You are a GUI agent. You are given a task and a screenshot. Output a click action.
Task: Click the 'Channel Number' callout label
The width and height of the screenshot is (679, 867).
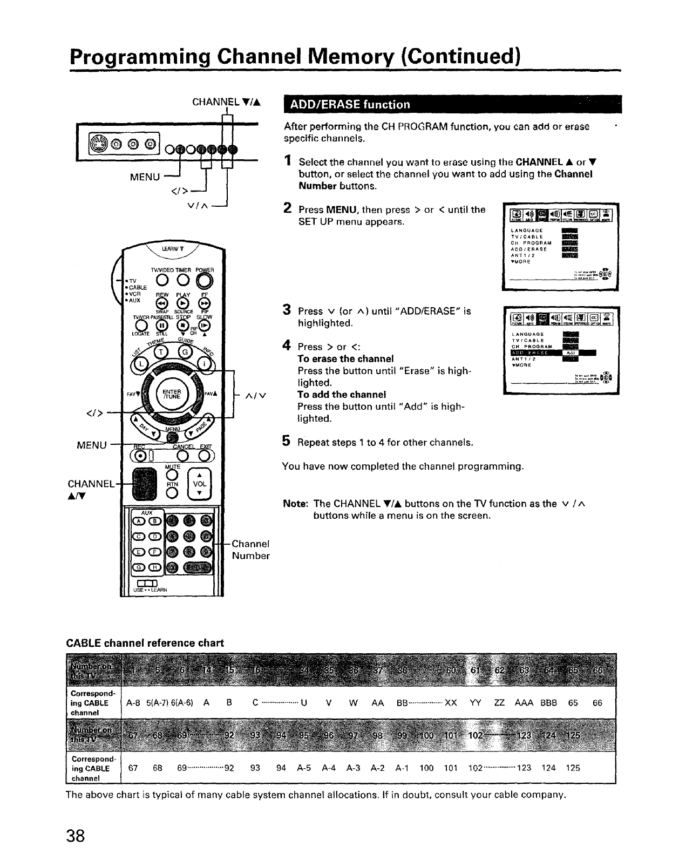click(x=250, y=550)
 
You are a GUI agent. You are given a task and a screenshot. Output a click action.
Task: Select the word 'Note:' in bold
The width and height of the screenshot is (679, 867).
click(x=295, y=504)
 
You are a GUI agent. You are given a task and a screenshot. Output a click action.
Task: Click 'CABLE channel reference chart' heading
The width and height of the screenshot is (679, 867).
click(x=145, y=643)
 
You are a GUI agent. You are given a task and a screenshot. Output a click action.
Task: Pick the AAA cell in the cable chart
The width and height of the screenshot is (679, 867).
click(x=524, y=703)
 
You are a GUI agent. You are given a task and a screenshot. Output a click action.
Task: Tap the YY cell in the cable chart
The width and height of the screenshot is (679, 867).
click(x=476, y=703)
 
